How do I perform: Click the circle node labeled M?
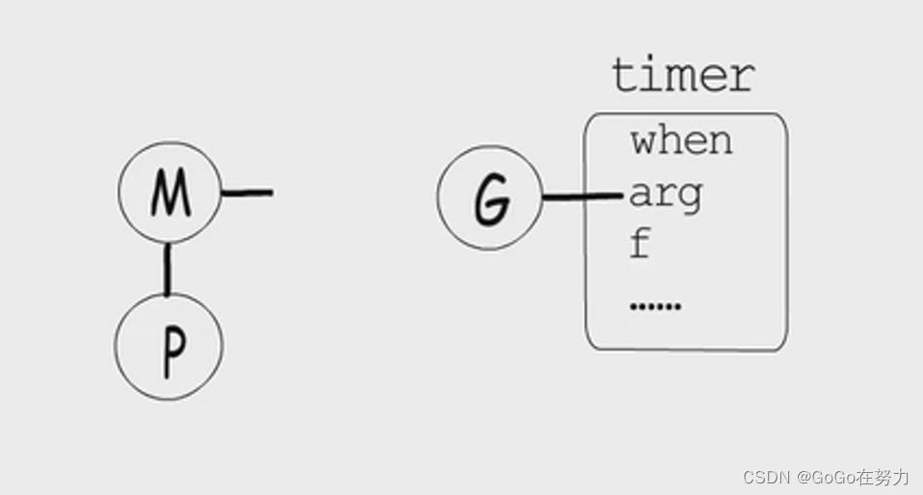170,193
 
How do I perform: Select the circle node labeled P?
170,346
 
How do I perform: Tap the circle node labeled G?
489,198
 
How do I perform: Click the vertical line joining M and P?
169,269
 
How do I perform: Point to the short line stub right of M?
248,193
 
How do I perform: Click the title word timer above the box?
683,75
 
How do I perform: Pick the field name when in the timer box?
681,142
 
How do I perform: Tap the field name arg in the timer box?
666,196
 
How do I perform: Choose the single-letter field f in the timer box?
639,245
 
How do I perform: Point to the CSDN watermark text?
766,477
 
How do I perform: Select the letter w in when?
645,143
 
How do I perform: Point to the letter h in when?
669,141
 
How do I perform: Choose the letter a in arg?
642,196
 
